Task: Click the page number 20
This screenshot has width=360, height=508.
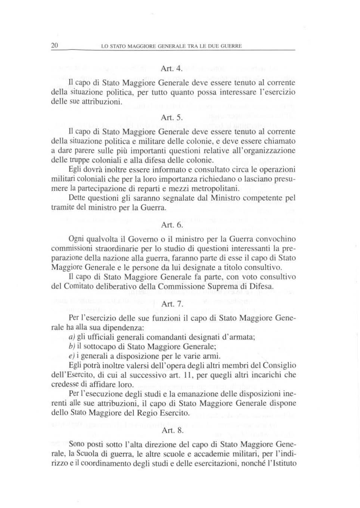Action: tap(55, 46)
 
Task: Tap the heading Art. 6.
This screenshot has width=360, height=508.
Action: tap(172, 225)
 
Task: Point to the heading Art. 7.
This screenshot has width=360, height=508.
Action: tap(172, 304)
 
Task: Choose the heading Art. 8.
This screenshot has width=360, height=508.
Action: tap(173, 431)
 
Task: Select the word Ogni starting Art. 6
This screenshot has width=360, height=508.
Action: tap(77, 239)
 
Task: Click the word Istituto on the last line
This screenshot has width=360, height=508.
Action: tap(282, 464)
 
